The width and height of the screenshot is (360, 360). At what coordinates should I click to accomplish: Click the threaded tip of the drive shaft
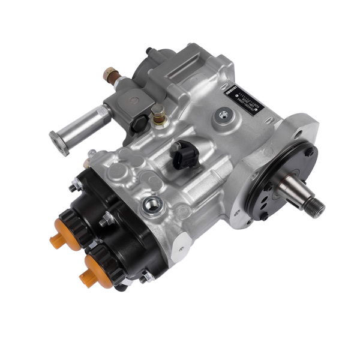tap(314, 208)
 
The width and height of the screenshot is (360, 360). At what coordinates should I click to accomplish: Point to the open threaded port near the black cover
tap(152, 207)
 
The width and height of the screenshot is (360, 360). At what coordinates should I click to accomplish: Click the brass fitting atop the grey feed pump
tap(110, 75)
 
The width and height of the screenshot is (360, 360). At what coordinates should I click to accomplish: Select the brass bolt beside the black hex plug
tap(158, 114)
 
